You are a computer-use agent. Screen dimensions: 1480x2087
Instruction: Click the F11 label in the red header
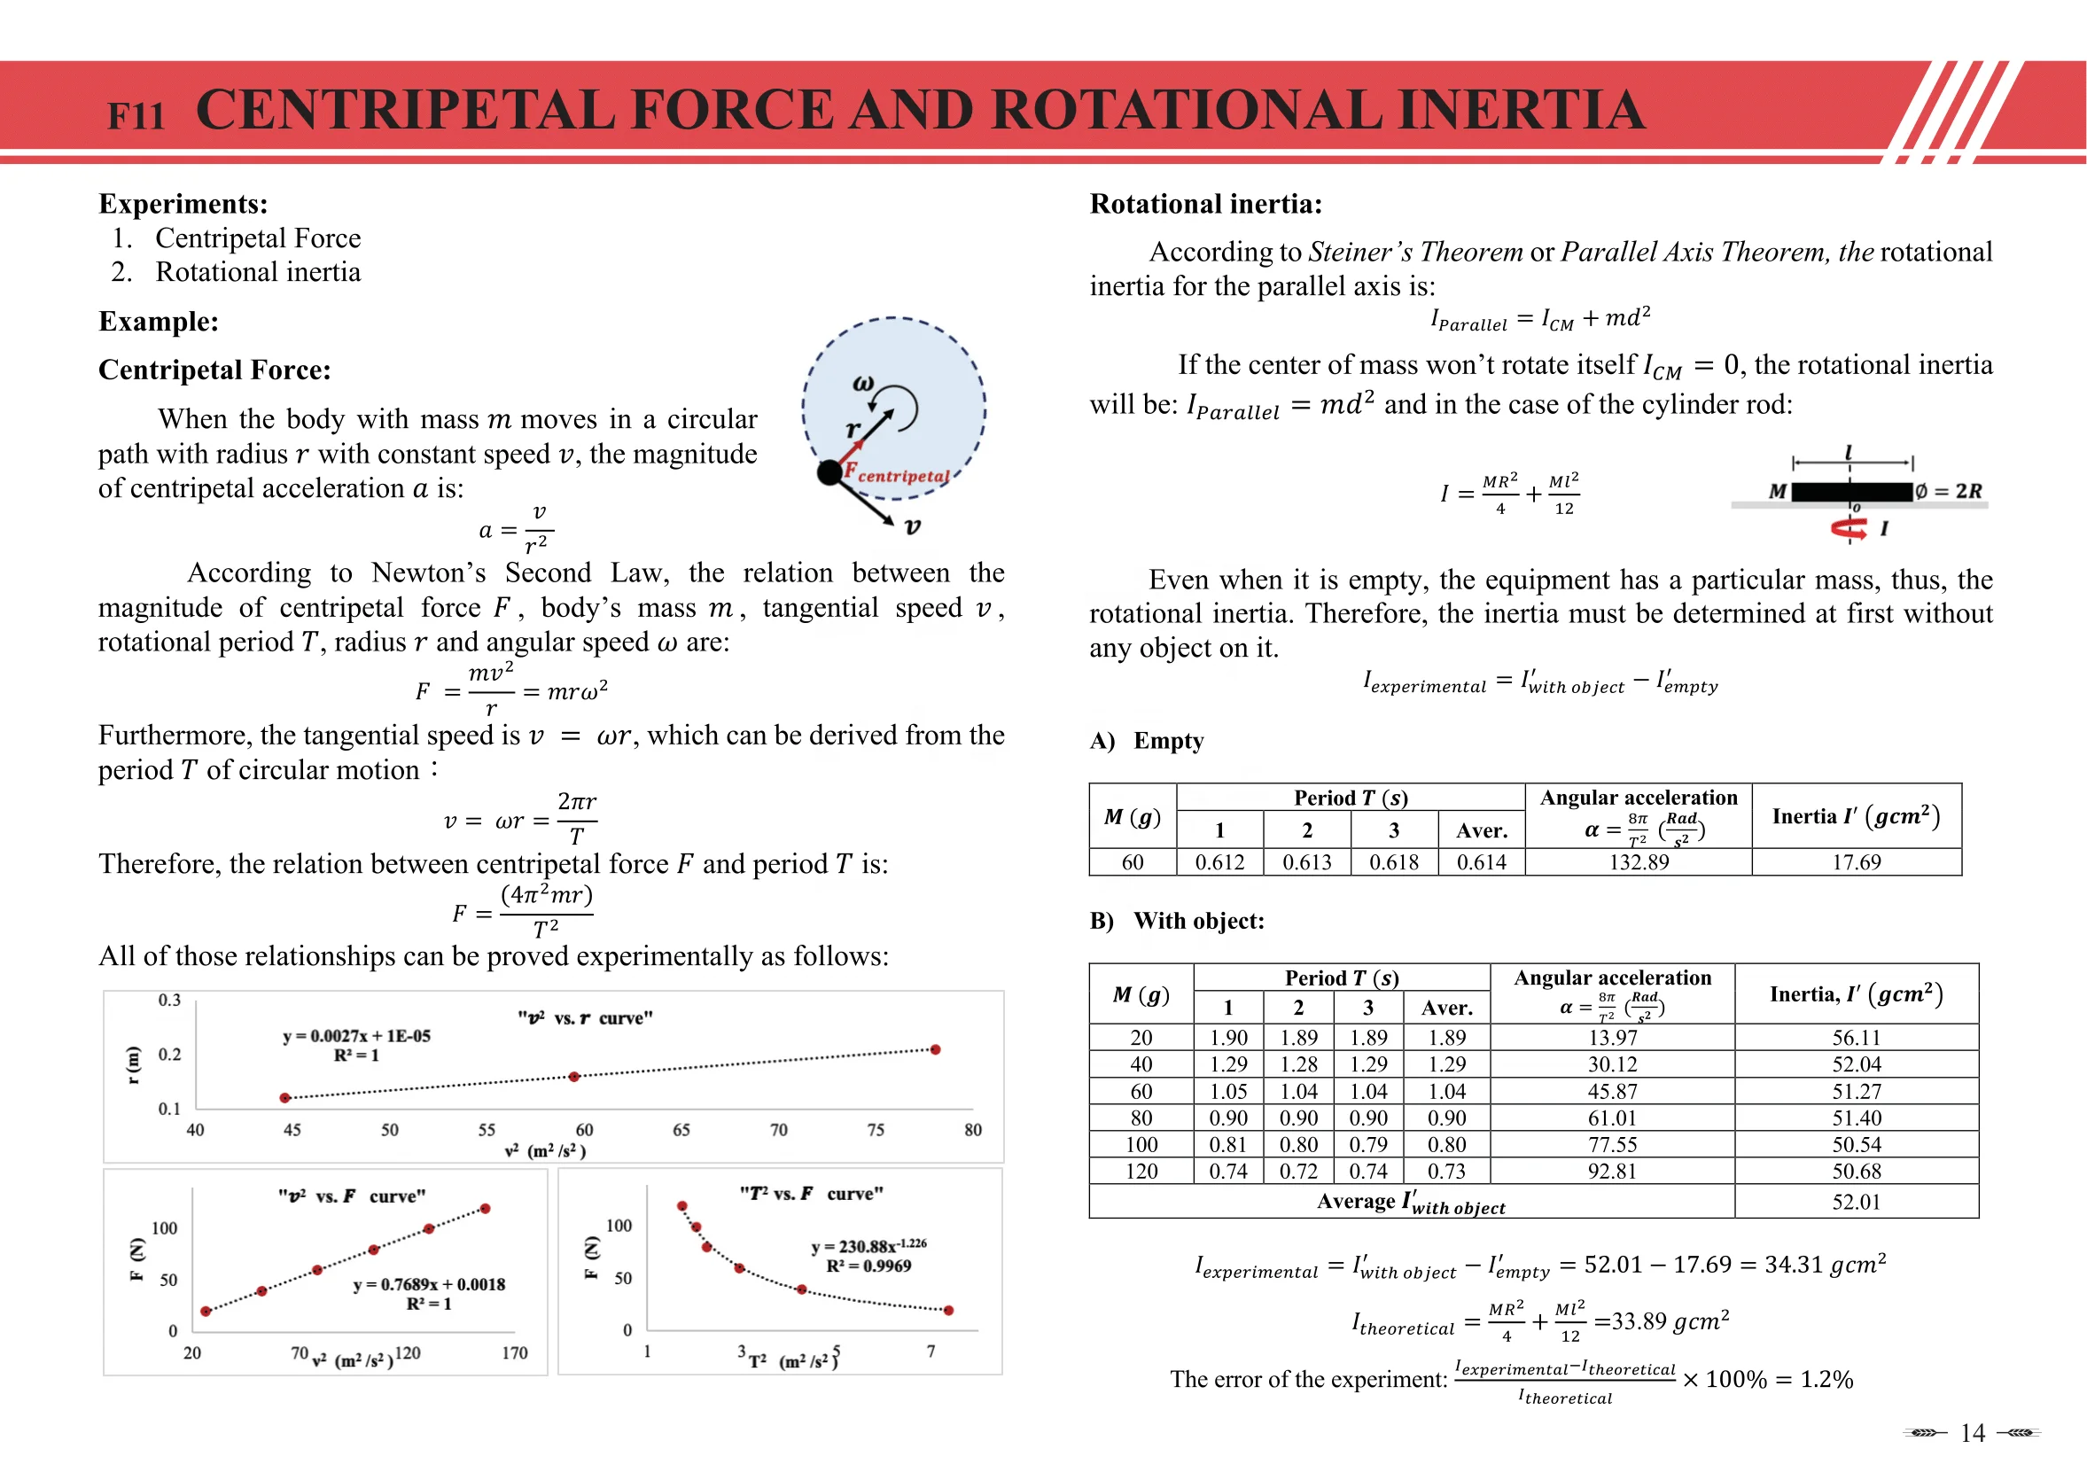coord(136,116)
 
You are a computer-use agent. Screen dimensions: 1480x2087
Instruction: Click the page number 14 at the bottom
coord(1972,1434)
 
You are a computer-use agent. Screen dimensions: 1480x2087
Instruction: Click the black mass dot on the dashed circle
coord(829,473)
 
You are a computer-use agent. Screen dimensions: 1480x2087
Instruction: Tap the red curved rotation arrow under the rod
coord(1849,527)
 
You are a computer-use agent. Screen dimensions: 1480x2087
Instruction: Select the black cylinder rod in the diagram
coord(1851,492)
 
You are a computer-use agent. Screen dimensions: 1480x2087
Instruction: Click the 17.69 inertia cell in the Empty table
coord(1856,862)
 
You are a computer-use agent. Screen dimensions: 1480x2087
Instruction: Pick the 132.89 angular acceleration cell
coord(1638,862)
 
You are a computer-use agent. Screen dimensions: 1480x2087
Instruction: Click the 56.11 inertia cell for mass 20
coord(1856,1037)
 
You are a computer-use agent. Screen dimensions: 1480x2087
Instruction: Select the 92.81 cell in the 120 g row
coord(1611,1171)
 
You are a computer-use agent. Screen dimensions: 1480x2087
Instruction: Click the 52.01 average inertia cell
coord(1856,1202)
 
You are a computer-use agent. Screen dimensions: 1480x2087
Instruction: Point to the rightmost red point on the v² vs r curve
coord(935,1050)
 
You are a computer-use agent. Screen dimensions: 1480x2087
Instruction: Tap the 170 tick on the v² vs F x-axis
coord(514,1352)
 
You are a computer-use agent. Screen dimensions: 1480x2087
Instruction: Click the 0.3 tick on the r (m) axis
coord(169,1000)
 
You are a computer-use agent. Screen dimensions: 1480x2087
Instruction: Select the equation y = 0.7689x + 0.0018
coord(428,1284)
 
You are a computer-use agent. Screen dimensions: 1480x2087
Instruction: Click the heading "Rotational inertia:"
coord(1205,203)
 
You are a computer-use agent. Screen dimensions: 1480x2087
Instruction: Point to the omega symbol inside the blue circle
coord(862,384)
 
